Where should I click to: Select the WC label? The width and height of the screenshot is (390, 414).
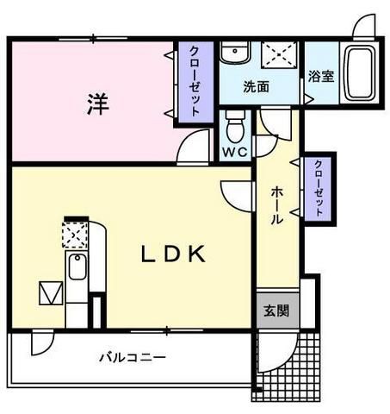click(234, 153)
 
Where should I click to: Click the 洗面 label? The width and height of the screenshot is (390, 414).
click(255, 86)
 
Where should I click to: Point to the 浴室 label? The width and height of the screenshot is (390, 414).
click(320, 76)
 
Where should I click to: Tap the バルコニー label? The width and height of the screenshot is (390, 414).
click(132, 356)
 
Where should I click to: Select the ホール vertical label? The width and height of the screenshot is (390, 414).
click(276, 204)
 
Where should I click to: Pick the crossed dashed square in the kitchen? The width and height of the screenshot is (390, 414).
click(74, 233)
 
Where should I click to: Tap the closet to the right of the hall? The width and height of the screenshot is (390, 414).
click(319, 188)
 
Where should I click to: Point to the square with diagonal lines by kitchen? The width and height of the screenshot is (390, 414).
click(51, 294)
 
